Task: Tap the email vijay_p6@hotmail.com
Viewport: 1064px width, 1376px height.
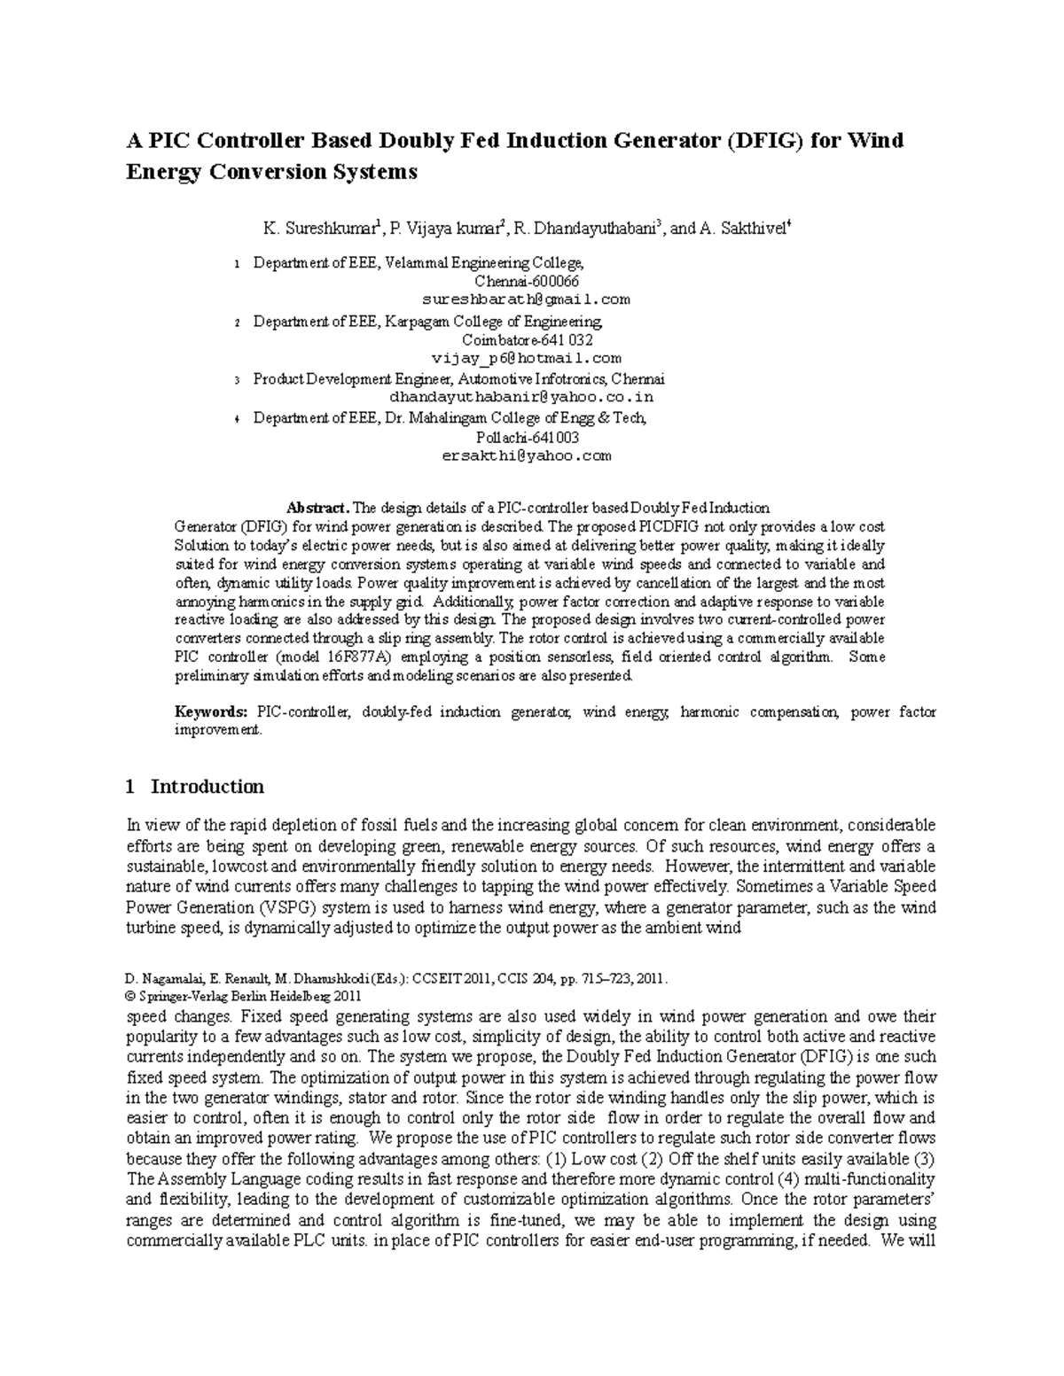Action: [x=526, y=359]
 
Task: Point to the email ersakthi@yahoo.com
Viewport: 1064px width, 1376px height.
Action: [x=526, y=456]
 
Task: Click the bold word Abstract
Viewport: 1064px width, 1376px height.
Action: [x=317, y=508]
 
